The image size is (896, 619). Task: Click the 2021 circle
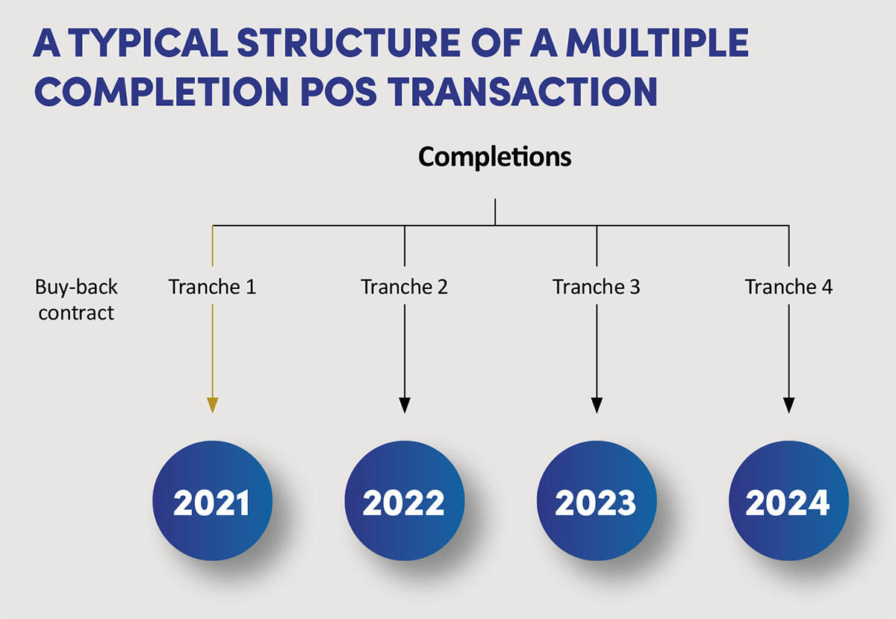point(212,501)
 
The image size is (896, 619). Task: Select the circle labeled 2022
point(404,501)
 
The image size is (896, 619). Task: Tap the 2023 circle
point(596,501)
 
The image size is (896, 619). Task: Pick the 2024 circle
point(788,501)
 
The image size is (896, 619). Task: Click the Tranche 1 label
point(212,287)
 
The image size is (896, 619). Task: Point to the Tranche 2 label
point(404,287)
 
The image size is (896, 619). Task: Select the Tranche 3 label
point(596,287)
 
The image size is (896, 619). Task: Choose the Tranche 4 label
point(788,287)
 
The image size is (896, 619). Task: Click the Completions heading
point(494,157)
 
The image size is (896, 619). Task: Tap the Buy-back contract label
point(76,299)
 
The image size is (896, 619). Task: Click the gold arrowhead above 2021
point(213,405)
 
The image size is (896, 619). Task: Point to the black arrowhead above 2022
point(405,405)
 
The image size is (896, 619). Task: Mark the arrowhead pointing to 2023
point(597,405)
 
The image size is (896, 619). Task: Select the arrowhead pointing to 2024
point(789,405)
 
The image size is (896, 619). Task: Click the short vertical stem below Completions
point(495,211)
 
